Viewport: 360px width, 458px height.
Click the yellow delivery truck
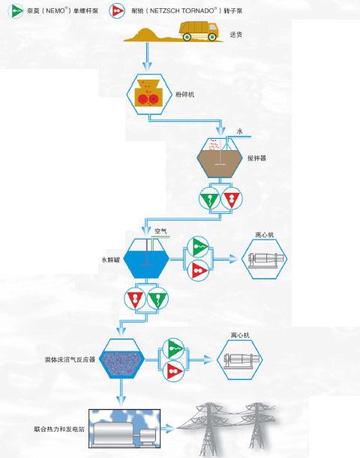pyautogui.click(x=199, y=31)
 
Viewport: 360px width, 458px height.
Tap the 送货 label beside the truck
pyautogui.click(x=236, y=35)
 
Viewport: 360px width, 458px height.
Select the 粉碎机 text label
pyautogui.click(x=184, y=95)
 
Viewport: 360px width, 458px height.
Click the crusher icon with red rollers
pyautogui.click(x=148, y=94)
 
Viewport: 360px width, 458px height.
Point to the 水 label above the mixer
pyautogui.click(x=239, y=131)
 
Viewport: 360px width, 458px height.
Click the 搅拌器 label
pyautogui.click(x=256, y=158)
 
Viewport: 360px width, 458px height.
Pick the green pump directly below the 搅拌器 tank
pyautogui.click(x=210, y=198)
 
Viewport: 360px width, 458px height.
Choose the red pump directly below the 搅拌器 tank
pyautogui.click(x=231, y=198)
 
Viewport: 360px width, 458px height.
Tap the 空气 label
pyautogui.click(x=160, y=231)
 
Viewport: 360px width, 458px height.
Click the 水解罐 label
pyautogui.click(x=110, y=259)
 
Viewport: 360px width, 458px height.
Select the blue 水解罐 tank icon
pyautogui.click(x=146, y=258)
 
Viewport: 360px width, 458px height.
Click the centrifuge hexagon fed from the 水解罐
pyautogui.click(x=265, y=258)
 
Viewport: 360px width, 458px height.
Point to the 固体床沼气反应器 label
pyautogui.click(x=70, y=360)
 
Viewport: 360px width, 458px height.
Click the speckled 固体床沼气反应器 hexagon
pyautogui.click(x=122, y=359)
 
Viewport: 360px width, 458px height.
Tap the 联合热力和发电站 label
pyautogui.click(x=59, y=429)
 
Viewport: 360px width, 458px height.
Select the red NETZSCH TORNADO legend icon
pyautogui.click(x=117, y=11)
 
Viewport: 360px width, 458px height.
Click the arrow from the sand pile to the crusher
pyautogui.click(x=148, y=56)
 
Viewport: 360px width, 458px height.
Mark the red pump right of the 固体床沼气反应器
pyautogui.click(x=173, y=371)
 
